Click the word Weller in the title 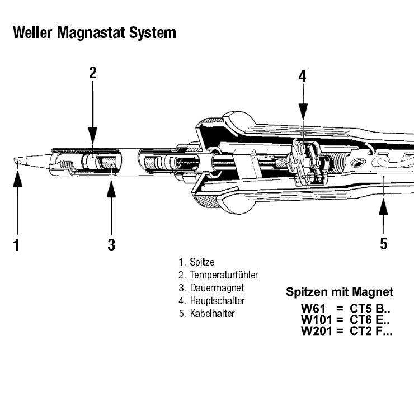pos(32,32)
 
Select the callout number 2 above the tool pos(93,73)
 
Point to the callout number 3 pos(111,244)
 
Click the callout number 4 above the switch pos(302,76)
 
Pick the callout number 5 pos(384,244)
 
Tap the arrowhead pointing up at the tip pos(18,177)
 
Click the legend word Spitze pos(202,262)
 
